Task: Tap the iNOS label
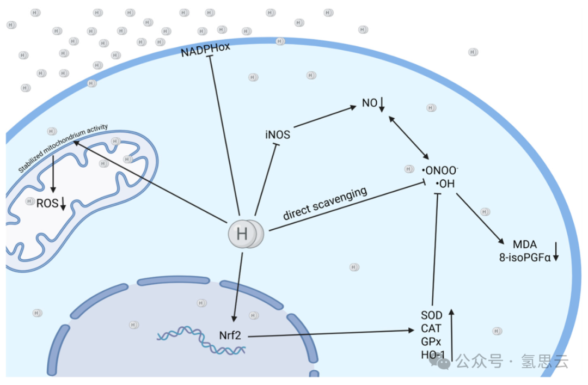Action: click(x=278, y=135)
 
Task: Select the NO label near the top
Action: click(x=370, y=102)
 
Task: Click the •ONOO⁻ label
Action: click(x=440, y=169)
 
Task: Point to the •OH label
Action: click(x=444, y=184)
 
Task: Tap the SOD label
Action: click(x=431, y=315)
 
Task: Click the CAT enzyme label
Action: click(x=431, y=328)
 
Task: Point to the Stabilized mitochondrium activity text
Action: click(x=63, y=148)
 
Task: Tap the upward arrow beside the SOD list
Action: click(x=451, y=332)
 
